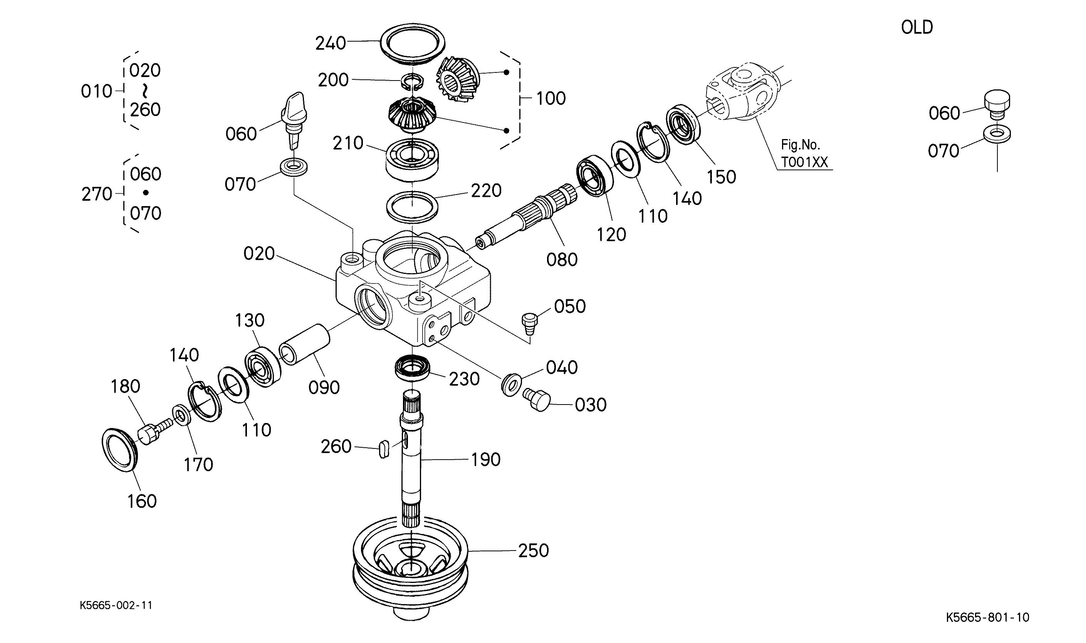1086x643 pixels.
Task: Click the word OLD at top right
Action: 916,27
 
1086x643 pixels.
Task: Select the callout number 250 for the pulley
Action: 533,550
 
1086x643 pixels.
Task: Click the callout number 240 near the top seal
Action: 331,43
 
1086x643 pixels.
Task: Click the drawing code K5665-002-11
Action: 116,605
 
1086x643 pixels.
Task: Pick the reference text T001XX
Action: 804,162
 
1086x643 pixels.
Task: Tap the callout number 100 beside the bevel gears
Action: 551,98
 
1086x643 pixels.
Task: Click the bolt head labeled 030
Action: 537,399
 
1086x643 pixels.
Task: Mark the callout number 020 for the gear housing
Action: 259,254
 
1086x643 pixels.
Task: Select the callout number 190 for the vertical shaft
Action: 486,460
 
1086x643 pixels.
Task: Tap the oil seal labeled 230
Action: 412,368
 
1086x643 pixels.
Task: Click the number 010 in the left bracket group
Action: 96,91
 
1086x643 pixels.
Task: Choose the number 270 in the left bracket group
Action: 97,194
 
